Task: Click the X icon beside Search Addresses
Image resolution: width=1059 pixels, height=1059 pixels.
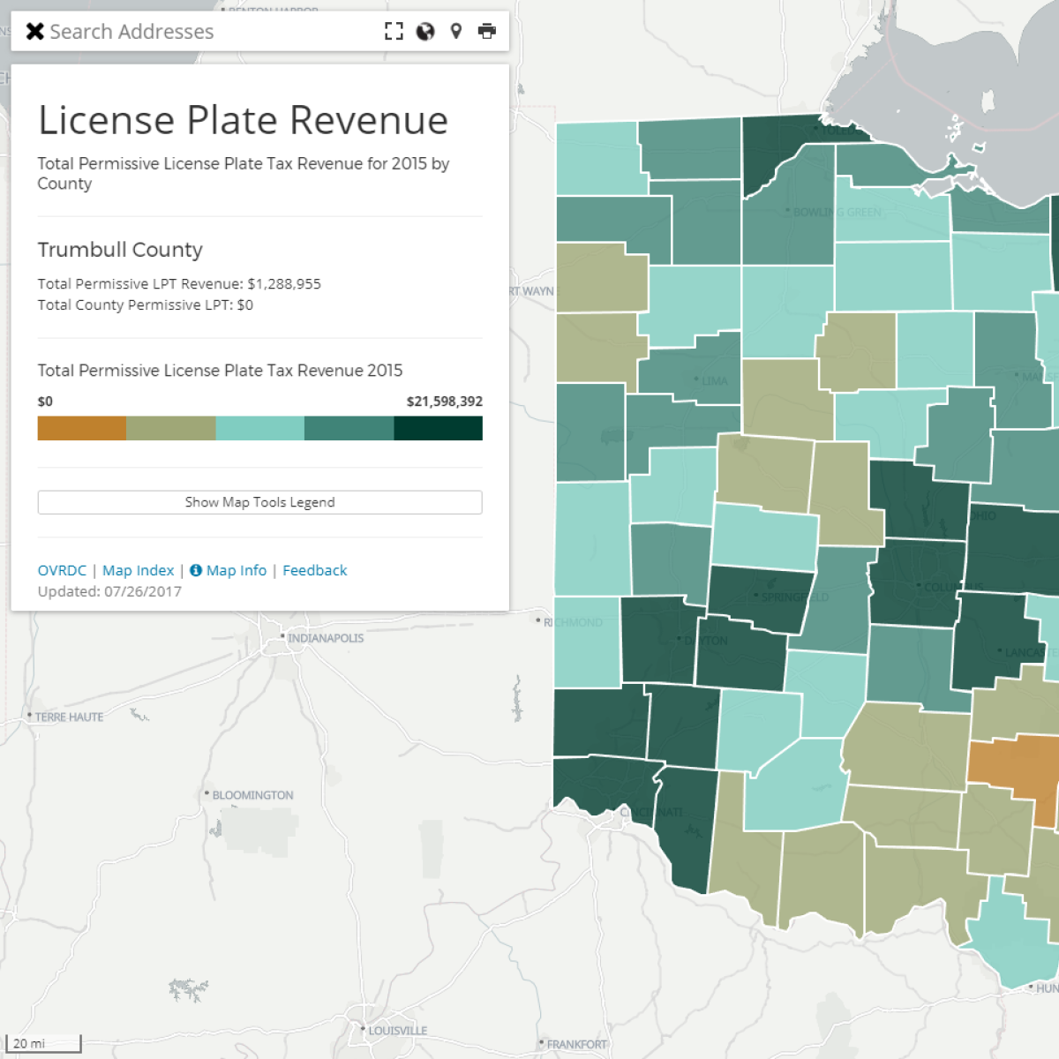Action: pos(35,32)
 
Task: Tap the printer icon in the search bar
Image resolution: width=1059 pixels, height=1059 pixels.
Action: pos(487,32)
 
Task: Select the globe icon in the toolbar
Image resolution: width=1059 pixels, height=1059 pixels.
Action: pos(425,32)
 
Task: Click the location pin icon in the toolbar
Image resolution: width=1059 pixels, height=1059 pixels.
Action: pos(456,32)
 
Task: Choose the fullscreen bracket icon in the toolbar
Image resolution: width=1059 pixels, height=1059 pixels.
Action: pos(394,32)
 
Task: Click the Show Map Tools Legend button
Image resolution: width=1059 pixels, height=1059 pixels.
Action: pos(259,502)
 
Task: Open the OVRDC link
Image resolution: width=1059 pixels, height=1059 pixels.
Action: pos(62,570)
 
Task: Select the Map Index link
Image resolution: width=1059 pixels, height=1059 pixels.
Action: pos(139,570)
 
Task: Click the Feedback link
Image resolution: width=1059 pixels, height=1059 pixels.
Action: pos(315,570)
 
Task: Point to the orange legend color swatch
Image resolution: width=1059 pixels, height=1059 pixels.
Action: pos(82,428)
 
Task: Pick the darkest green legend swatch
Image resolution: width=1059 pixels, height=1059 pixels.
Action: pos(438,428)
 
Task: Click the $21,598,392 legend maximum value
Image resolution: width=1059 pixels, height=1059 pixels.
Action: pos(444,402)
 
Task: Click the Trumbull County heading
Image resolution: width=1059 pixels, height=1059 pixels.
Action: pos(120,250)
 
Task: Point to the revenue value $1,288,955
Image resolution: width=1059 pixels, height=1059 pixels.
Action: pos(284,284)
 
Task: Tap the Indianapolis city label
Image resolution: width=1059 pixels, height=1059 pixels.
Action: pos(325,638)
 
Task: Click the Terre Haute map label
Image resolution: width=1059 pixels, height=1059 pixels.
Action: pos(69,717)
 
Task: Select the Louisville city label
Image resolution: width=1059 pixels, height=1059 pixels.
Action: pos(397,1031)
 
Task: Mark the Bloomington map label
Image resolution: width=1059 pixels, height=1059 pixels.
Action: pos(252,795)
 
